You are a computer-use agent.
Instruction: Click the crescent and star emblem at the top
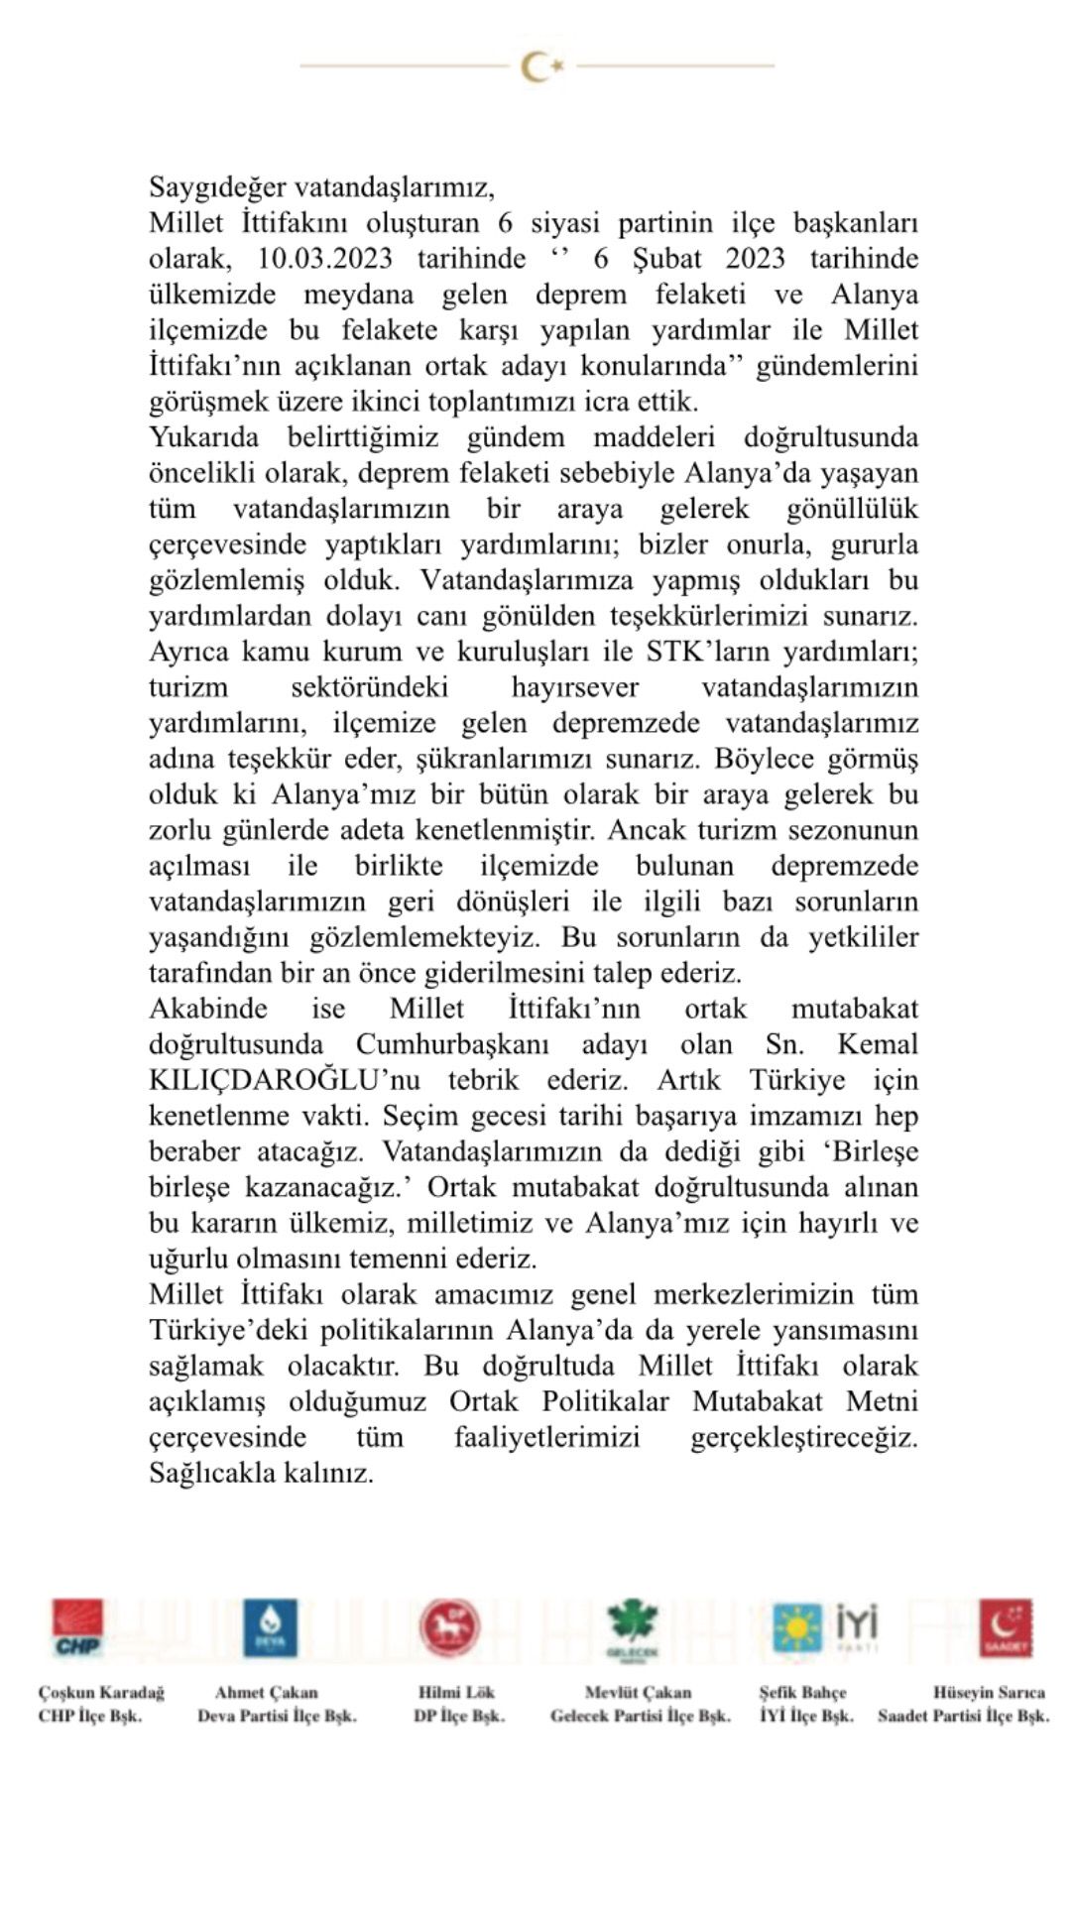(541, 66)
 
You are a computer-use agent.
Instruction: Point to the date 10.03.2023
(324, 259)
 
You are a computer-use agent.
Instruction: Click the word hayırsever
(574, 687)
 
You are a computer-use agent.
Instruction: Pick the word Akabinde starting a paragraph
(208, 1009)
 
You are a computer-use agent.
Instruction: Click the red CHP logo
(77, 1627)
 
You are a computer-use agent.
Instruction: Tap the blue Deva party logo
(269, 1627)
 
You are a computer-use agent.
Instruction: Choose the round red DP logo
(449, 1627)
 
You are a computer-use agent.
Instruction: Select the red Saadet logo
(1005, 1627)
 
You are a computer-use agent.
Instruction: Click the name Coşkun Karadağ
(101, 1692)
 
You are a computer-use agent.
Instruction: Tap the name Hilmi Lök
(456, 1692)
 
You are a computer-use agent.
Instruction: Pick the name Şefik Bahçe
(803, 1692)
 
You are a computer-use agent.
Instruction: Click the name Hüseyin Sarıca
(988, 1692)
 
